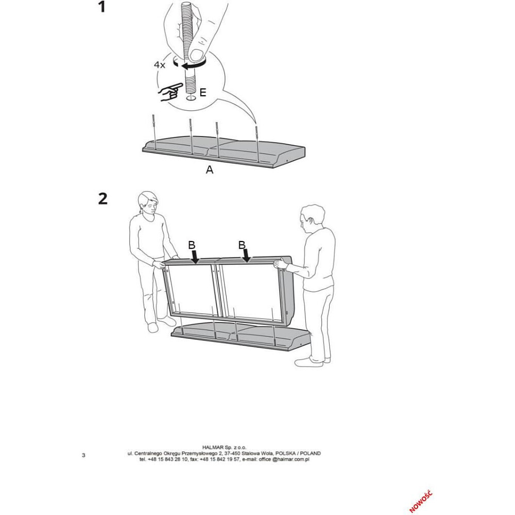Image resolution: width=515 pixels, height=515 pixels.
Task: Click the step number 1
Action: click(x=102, y=7)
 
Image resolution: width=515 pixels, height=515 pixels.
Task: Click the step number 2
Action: click(x=103, y=199)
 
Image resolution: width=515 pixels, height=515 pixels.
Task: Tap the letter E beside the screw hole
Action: click(x=202, y=92)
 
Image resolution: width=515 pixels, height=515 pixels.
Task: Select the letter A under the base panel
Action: click(x=210, y=170)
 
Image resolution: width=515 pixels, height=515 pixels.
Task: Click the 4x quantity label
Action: click(x=160, y=65)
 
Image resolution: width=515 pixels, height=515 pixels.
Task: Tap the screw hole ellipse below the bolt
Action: click(x=191, y=98)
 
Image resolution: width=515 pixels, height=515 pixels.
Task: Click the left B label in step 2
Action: click(x=192, y=245)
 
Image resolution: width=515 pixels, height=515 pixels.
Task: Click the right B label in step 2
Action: click(x=242, y=245)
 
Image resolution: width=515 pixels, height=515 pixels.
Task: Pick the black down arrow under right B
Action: click(x=246, y=256)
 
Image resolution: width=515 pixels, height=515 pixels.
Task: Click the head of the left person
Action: click(x=148, y=202)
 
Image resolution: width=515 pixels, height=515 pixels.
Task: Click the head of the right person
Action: click(x=312, y=217)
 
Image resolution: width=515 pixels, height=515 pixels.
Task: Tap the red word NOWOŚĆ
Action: click(x=421, y=502)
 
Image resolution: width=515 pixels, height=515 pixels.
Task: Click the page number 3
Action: click(x=83, y=455)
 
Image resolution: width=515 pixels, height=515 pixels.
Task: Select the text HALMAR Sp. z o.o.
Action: click(x=224, y=448)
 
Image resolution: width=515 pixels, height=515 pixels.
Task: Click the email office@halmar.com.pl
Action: click(x=284, y=459)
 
